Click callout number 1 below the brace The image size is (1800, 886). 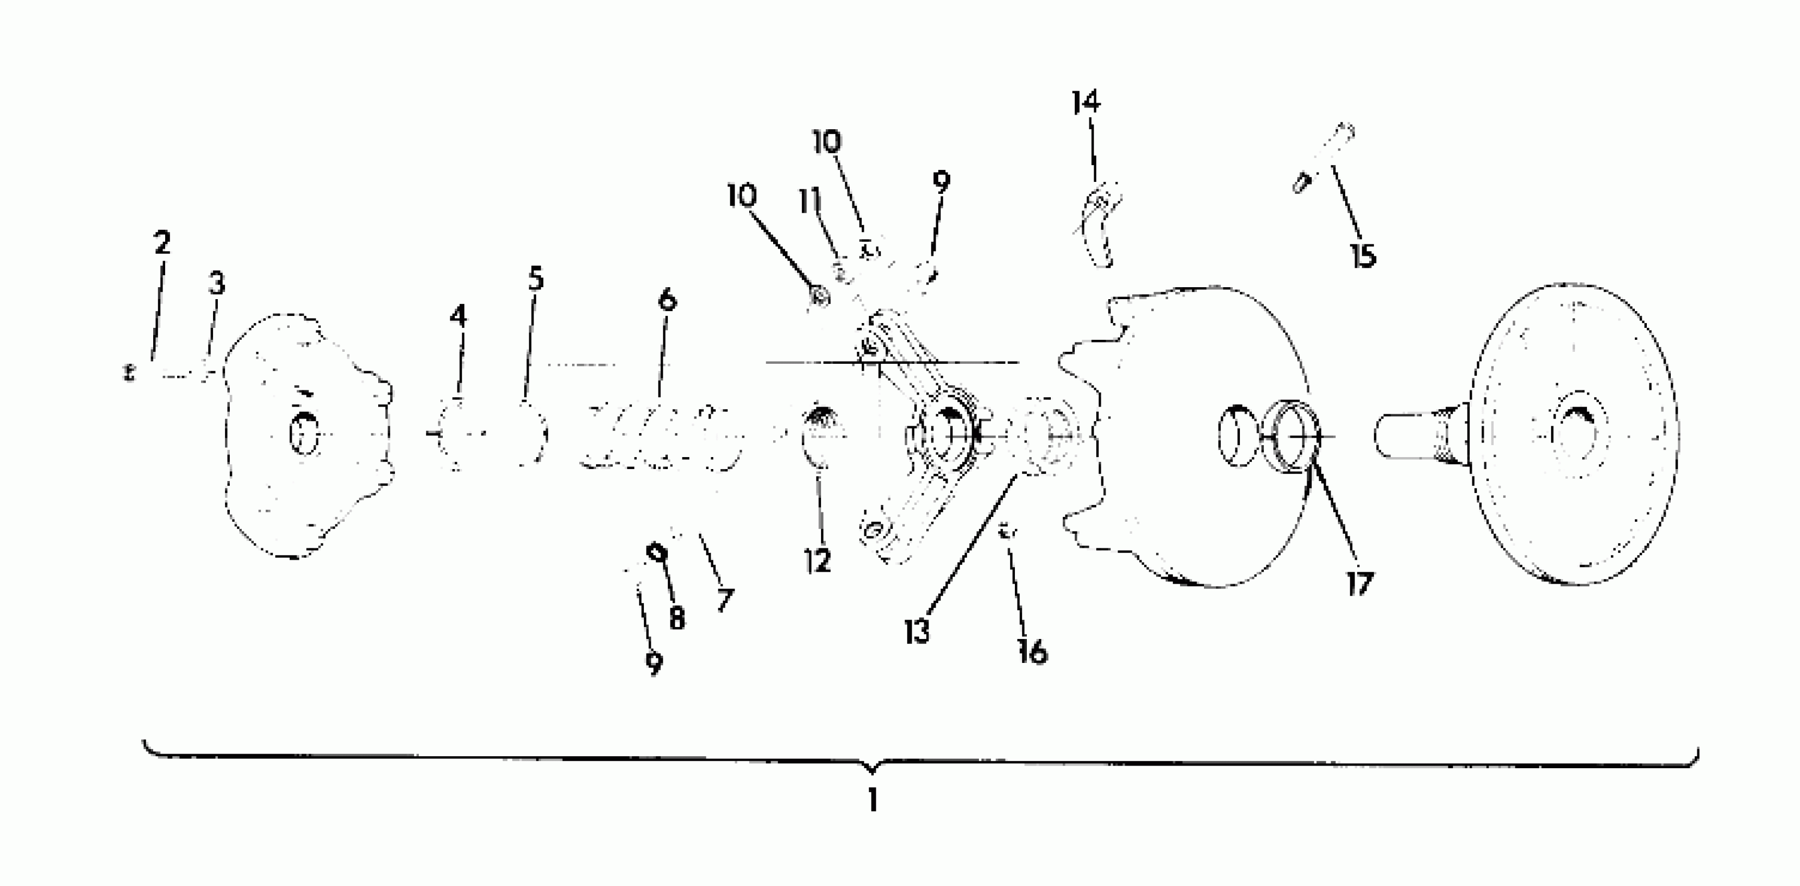(x=872, y=800)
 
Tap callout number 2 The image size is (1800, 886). (x=162, y=243)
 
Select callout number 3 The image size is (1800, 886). (x=217, y=283)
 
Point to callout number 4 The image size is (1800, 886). (x=458, y=316)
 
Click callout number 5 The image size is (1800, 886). (x=535, y=279)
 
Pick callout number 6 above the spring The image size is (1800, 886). (x=667, y=301)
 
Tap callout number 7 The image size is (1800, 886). (x=725, y=599)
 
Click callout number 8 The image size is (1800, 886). (x=676, y=618)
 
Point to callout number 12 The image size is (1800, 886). (x=817, y=561)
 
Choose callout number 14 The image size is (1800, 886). (x=1086, y=103)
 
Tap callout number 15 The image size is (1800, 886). (x=1362, y=256)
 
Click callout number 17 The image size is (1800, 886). (x=1360, y=584)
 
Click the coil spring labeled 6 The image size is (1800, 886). (x=660, y=435)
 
